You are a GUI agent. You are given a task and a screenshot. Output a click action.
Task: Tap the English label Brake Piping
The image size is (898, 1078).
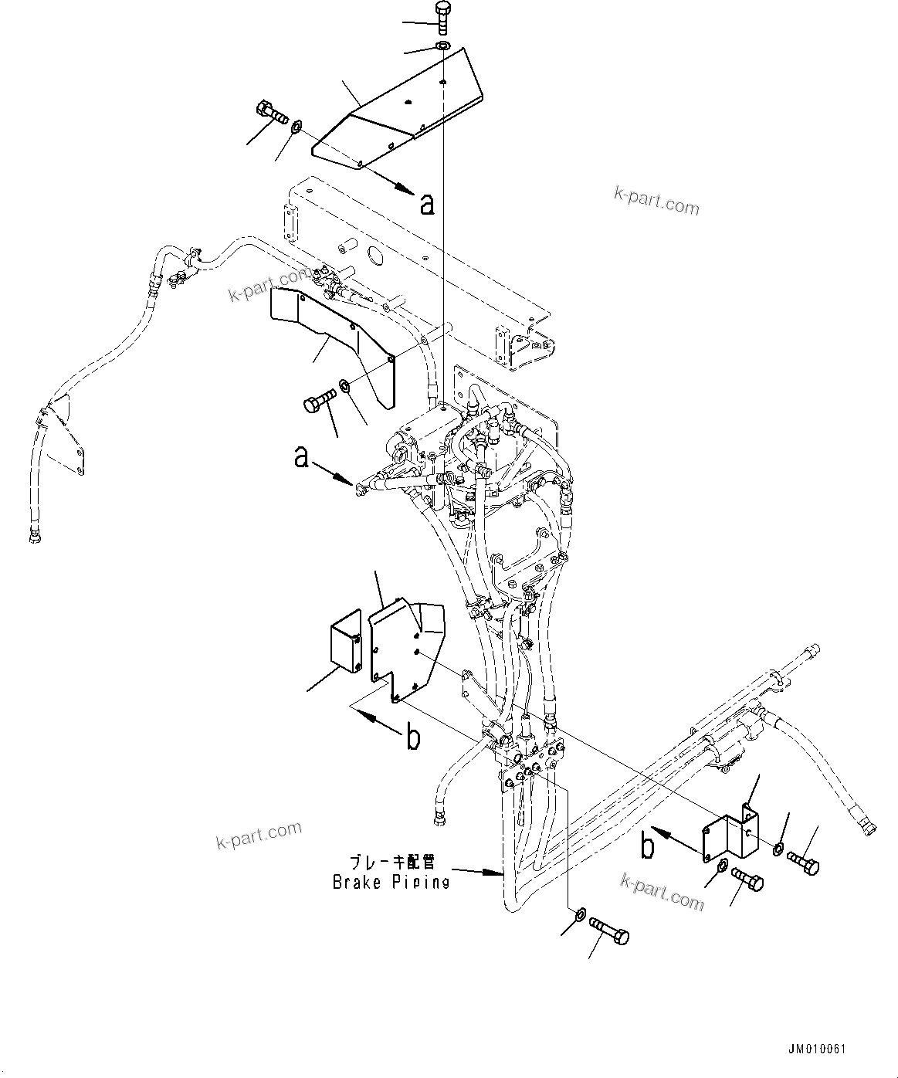click(x=391, y=882)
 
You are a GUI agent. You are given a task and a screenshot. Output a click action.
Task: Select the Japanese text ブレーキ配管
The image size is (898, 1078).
click(x=391, y=862)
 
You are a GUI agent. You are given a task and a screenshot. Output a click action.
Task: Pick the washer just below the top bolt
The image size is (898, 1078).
click(x=442, y=49)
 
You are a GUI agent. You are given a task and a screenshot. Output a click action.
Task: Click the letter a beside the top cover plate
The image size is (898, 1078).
click(x=427, y=203)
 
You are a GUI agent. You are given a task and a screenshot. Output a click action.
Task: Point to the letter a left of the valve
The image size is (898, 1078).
click(x=303, y=459)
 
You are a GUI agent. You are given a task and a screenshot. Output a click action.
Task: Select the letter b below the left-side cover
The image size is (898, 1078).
click(x=414, y=738)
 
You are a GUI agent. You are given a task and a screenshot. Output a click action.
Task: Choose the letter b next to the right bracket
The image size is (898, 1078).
click(x=649, y=846)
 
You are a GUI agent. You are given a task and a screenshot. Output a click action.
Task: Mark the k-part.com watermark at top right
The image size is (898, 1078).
click(x=656, y=201)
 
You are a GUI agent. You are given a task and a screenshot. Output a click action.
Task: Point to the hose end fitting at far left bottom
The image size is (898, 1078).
click(x=35, y=534)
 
